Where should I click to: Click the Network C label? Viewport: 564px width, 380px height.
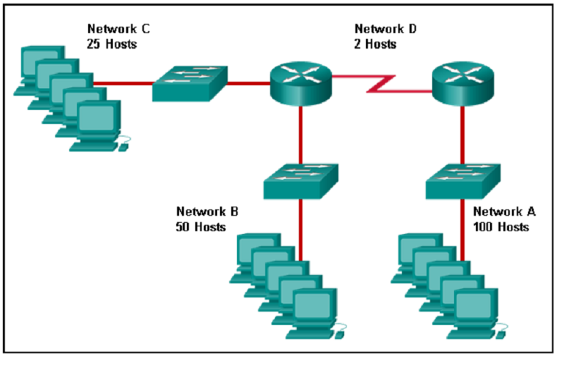pyautogui.click(x=118, y=29)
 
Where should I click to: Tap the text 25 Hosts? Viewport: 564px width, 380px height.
pyautogui.click(x=112, y=44)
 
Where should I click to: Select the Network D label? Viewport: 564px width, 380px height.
pyautogui.click(x=386, y=29)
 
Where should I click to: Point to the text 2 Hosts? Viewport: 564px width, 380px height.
pyautogui.click(x=376, y=44)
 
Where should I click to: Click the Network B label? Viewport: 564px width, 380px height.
pyautogui.click(x=207, y=212)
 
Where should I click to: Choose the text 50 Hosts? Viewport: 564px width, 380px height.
pyautogui.click(x=201, y=227)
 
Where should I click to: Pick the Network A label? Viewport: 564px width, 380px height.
pyautogui.click(x=504, y=212)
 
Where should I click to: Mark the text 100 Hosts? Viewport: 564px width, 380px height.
pyautogui.click(x=501, y=227)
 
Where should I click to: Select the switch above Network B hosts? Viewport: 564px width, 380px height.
pyautogui.click(x=300, y=180)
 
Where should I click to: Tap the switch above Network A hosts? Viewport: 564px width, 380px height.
pyautogui.click(x=462, y=180)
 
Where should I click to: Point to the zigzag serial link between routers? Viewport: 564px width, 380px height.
pyautogui.click(x=381, y=84)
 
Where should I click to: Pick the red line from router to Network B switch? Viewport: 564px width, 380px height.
pyautogui.click(x=301, y=134)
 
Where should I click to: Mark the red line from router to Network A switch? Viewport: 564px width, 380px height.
pyautogui.click(x=462, y=134)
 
